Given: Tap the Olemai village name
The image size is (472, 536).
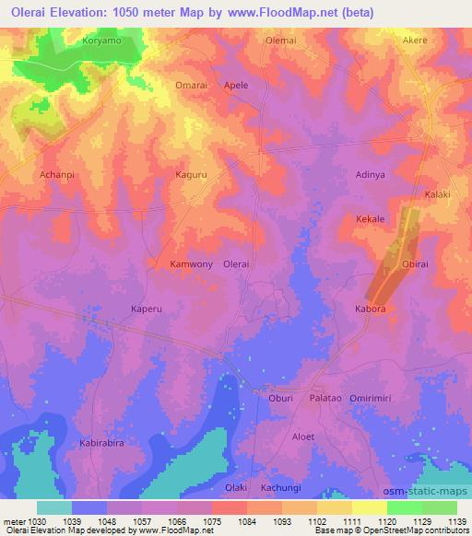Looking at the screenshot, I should tap(280, 41).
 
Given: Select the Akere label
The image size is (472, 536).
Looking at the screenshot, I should tap(416, 41).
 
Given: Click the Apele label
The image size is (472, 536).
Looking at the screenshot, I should tap(236, 85).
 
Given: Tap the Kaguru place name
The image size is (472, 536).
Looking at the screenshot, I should tap(192, 173).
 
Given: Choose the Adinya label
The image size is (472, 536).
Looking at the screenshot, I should tap(371, 173).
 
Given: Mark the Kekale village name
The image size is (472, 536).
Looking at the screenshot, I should tap(370, 219).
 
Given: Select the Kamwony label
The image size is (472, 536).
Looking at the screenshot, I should tap(192, 263).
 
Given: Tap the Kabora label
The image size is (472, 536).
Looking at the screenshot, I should tap(372, 309).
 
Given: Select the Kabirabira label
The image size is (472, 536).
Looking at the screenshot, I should tap(101, 442).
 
